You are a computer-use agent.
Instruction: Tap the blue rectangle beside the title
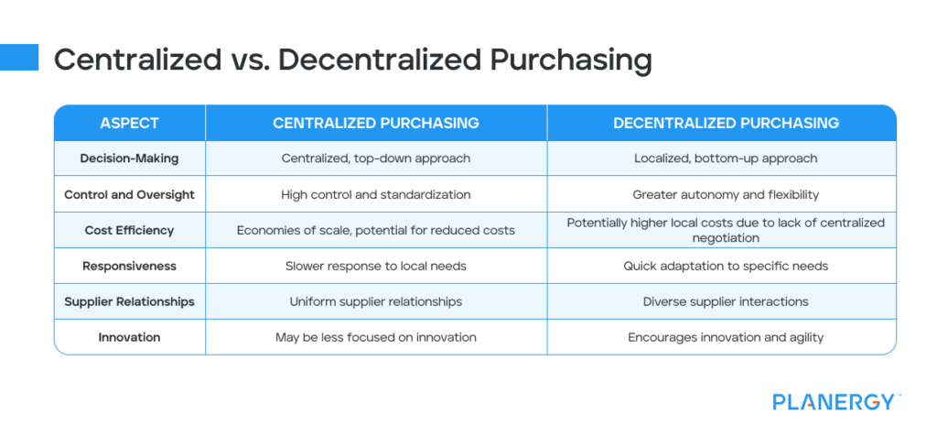coord(19,58)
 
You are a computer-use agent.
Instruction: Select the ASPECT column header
coord(129,123)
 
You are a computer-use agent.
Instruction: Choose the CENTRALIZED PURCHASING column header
coord(375,123)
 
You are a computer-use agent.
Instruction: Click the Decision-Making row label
coord(129,158)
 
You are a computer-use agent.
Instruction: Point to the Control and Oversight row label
coord(129,194)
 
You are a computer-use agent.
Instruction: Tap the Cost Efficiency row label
coord(129,230)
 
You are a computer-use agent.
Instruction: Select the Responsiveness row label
coord(129,266)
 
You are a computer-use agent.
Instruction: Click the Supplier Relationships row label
coord(129,301)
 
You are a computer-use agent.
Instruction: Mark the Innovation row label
coord(129,337)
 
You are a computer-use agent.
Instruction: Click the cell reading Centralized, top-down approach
coord(375,158)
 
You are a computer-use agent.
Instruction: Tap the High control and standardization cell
coord(375,194)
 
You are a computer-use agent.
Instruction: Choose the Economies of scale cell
coord(375,230)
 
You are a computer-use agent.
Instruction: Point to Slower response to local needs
coord(375,266)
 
